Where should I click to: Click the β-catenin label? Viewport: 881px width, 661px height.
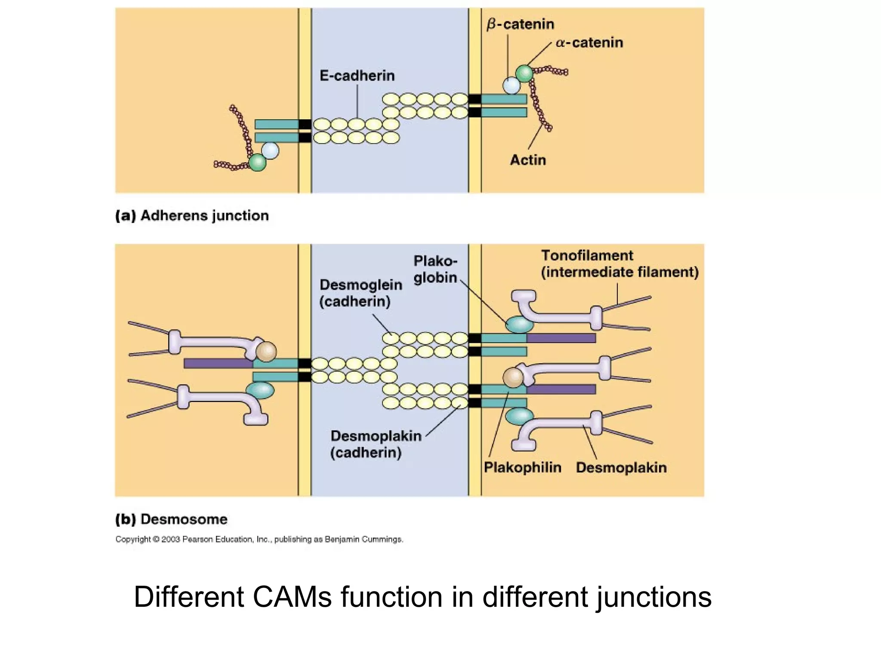click(x=520, y=24)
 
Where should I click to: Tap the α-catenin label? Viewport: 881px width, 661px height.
click(x=589, y=43)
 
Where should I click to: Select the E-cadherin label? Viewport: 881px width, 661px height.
click(x=357, y=76)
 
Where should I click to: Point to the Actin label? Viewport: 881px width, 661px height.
click(x=528, y=160)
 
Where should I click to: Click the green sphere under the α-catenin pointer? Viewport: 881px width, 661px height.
click(x=524, y=74)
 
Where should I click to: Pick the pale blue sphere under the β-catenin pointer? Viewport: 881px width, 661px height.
click(x=511, y=85)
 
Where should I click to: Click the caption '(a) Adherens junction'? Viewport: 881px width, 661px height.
click(x=192, y=215)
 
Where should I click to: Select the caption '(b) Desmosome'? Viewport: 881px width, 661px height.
click(x=171, y=519)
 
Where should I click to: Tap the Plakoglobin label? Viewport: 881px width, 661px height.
click(x=435, y=269)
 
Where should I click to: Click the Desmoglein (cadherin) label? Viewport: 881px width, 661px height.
click(x=360, y=293)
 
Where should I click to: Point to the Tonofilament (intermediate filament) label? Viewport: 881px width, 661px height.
click(x=619, y=264)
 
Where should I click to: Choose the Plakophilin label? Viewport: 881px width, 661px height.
click(x=522, y=467)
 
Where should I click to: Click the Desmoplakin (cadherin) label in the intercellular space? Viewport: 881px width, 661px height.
click(x=376, y=444)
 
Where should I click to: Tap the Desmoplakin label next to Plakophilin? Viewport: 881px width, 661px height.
click(x=621, y=467)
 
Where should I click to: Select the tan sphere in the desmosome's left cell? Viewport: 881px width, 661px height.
click(x=266, y=351)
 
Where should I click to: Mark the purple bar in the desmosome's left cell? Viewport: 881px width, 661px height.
click(x=218, y=364)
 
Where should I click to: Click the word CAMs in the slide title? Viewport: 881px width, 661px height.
click(x=292, y=597)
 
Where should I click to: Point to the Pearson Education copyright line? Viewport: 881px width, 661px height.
click(x=259, y=539)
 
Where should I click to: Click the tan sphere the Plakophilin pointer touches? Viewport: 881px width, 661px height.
click(x=513, y=377)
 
